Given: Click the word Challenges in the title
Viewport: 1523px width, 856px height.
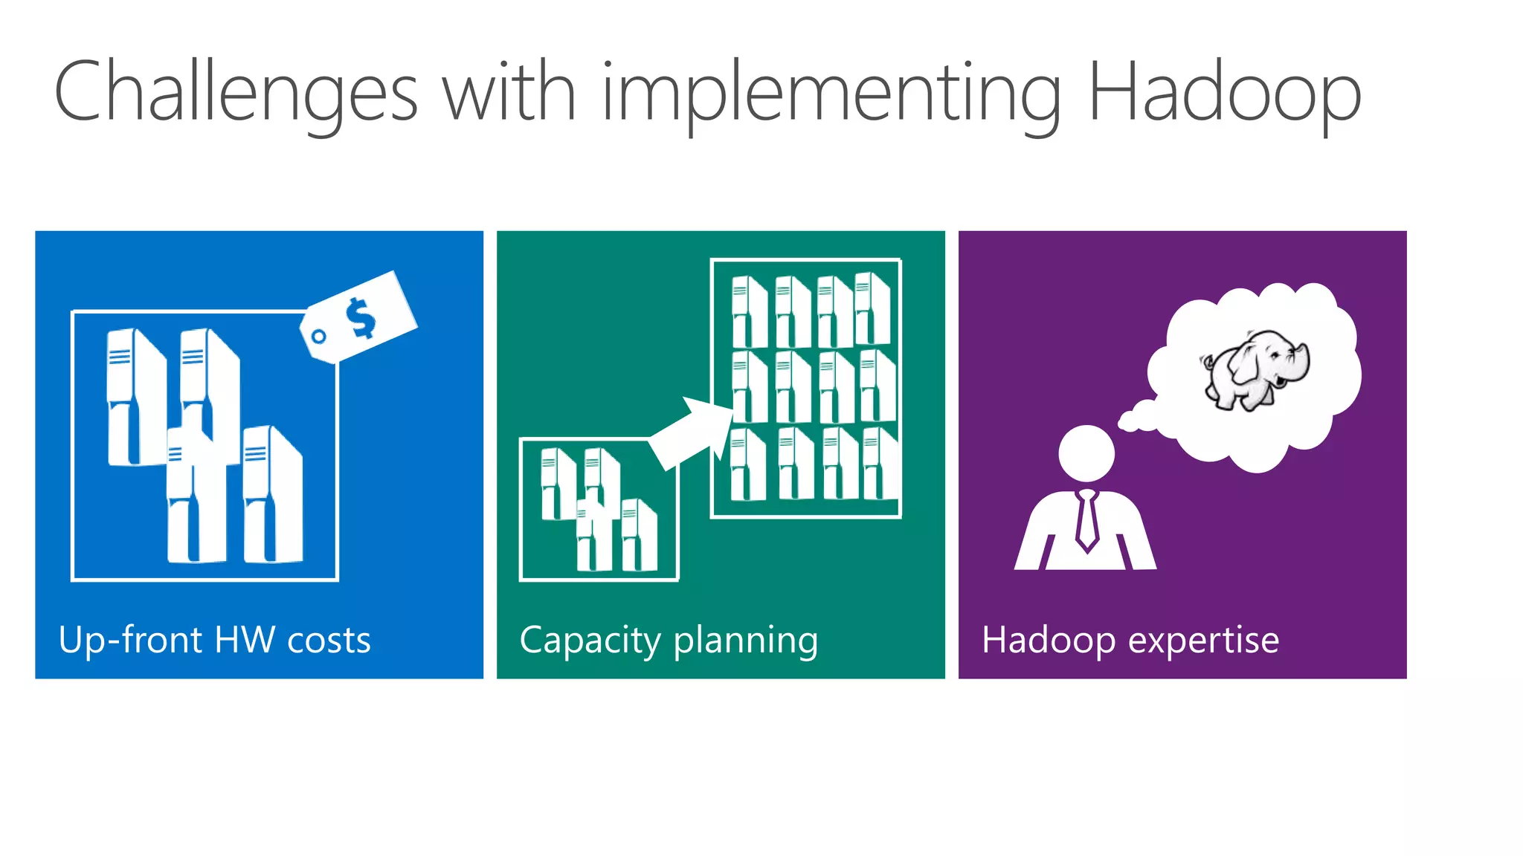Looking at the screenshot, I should pos(236,93).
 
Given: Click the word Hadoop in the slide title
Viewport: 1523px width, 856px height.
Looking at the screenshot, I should pos(1223,93).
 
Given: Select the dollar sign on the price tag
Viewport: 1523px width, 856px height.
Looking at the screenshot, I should pos(361,317).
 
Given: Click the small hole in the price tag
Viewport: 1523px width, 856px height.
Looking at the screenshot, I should pos(319,337).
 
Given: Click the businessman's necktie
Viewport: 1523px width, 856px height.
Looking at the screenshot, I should pos(1086,519).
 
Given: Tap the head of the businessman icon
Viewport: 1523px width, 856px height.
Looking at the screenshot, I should pos(1086,453).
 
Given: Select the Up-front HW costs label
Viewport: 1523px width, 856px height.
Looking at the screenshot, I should pos(214,640).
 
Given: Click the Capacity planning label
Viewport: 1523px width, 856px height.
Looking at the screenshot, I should pos(668,640).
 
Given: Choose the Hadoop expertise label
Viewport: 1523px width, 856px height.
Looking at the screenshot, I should pos(1130,640).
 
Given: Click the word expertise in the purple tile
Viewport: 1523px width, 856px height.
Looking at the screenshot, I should pos(1204,640).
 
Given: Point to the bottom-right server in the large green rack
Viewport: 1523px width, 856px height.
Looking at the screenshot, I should pos(880,463).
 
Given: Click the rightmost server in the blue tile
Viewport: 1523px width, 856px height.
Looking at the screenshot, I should pos(272,494).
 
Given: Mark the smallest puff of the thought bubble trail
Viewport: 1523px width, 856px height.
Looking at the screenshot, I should pos(1128,423).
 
